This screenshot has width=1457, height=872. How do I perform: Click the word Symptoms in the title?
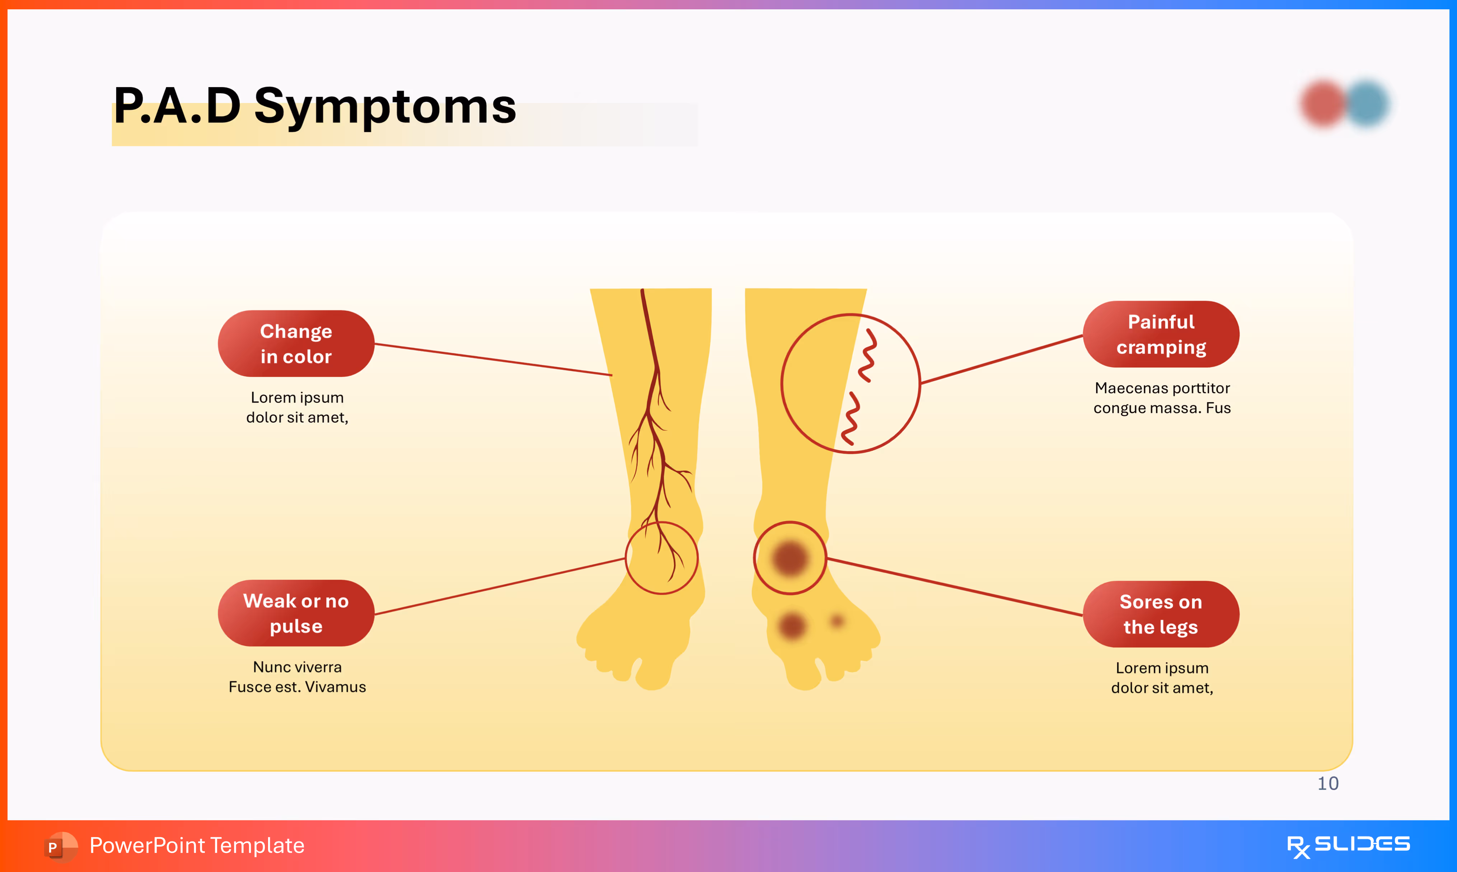(x=385, y=106)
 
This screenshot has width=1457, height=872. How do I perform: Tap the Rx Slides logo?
(x=1348, y=845)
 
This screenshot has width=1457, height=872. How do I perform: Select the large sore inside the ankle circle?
(x=790, y=558)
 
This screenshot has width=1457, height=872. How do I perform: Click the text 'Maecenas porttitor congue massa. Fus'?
(x=1162, y=398)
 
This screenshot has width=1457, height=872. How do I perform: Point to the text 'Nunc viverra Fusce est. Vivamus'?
(x=297, y=677)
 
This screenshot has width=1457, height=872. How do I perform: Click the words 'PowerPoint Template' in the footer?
(x=197, y=845)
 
